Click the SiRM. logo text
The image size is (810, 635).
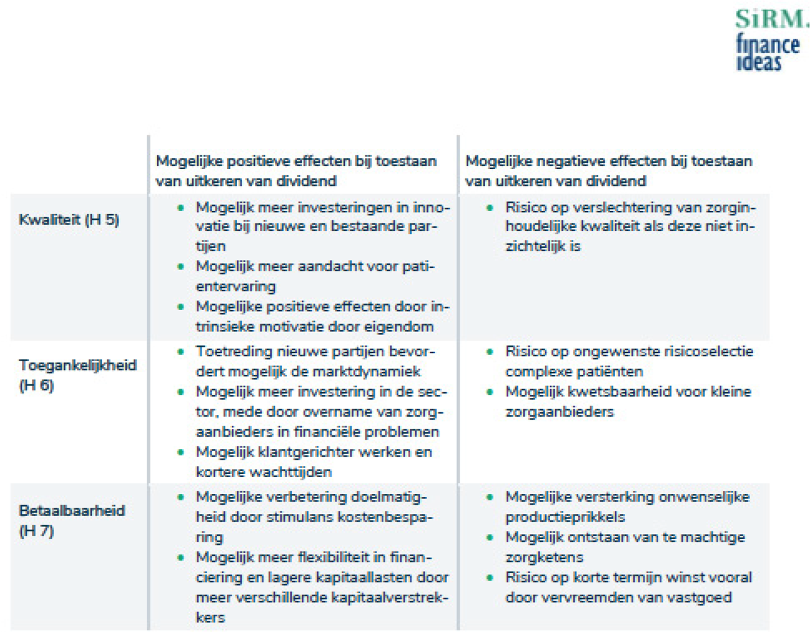(x=771, y=19)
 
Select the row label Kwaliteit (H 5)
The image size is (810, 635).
(x=69, y=220)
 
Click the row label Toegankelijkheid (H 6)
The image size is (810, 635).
(x=77, y=375)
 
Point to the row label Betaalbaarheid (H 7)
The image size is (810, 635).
(x=72, y=520)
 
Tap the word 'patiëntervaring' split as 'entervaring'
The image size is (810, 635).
(x=236, y=286)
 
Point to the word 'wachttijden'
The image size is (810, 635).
(x=290, y=472)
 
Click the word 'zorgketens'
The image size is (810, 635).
(x=544, y=556)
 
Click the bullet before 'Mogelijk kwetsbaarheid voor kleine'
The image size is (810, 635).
(x=490, y=392)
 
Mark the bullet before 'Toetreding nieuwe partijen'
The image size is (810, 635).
(x=181, y=352)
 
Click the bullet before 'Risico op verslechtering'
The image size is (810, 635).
(x=490, y=208)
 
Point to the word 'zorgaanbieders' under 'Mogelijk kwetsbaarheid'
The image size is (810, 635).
(x=559, y=412)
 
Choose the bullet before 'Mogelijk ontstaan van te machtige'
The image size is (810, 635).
(x=490, y=537)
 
